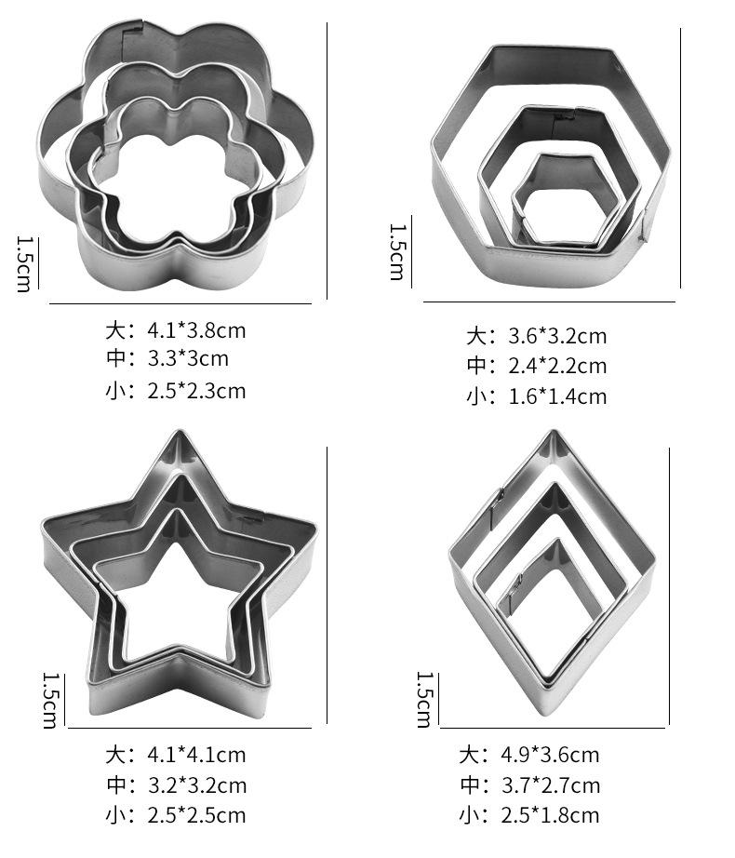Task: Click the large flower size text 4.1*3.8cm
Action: click(196, 330)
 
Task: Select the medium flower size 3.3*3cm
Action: click(188, 358)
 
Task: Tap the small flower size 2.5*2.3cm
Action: click(196, 391)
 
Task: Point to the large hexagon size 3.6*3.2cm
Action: click(557, 336)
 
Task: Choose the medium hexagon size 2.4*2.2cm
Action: click(557, 366)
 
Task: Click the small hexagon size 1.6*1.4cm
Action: click(557, 396)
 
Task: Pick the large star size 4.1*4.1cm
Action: click(196, 755)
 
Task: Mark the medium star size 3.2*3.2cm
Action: click(197, 785)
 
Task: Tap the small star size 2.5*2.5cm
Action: click(196, 816)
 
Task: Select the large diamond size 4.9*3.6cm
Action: click(550, 755)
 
